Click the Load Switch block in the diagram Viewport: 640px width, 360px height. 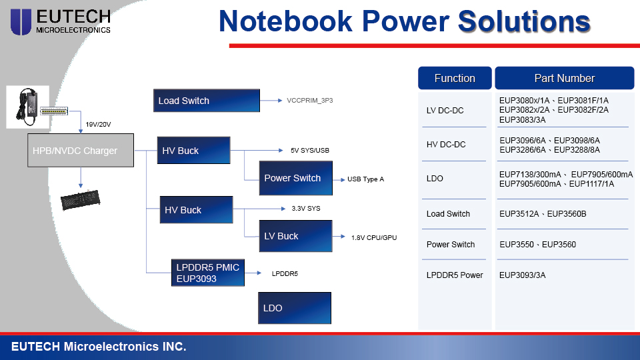click(207, 101)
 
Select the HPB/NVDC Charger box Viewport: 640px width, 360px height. click(81, 150)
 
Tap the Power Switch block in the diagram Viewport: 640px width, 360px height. click(296, 178)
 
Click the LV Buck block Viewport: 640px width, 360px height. click(296, 236)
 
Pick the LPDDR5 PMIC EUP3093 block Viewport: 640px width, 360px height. click(208, 273)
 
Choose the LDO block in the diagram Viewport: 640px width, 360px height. click(295, 308)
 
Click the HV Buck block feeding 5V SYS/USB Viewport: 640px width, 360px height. click(193, 150)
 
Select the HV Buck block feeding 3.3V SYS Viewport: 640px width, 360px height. click(196, 210)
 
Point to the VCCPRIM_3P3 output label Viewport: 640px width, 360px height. click(310, 101)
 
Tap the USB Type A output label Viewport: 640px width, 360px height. click(366, 179)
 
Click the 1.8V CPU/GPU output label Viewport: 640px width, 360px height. click(374, 237)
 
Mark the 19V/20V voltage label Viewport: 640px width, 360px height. click(98, 125)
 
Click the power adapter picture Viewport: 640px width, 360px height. click(28, 107)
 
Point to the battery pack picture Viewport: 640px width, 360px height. click(81, 200)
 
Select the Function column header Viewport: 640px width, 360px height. click(455, 78)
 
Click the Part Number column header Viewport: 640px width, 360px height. click(565, 78)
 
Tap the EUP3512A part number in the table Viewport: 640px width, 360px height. click(519, 214)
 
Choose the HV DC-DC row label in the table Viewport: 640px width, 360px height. click(446, 145)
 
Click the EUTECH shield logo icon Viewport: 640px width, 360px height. click(21, 22)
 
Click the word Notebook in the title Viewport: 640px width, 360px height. click(286, 21)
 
